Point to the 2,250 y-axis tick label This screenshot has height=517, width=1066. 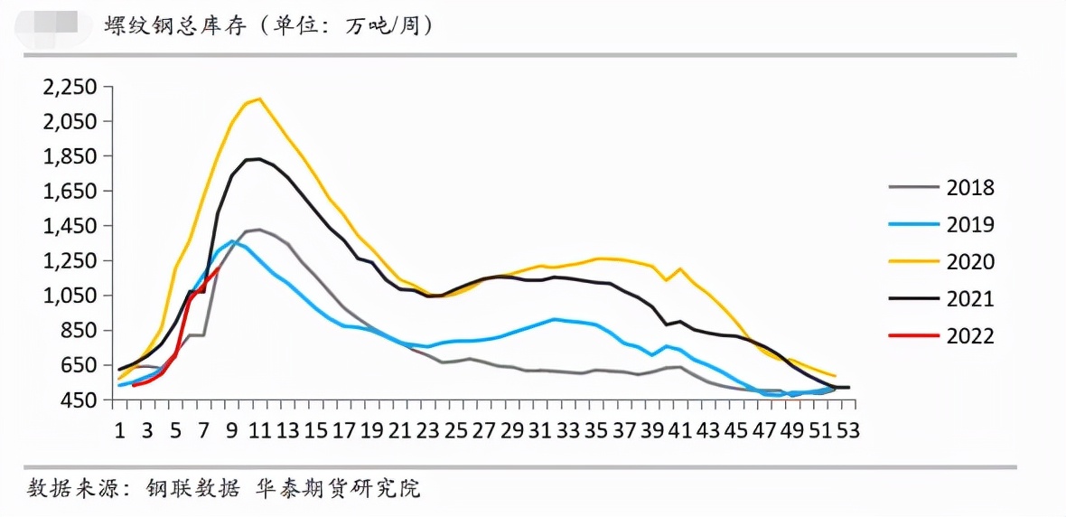tap(70, 87)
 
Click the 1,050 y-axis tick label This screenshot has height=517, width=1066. tap(70, 296)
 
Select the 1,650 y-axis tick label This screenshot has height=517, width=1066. tap(70, 192)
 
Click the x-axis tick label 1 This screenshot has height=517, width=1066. tap(119, 430)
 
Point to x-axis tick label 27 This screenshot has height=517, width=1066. tap(484, 430)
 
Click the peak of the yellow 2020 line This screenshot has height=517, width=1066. tap(259, 99)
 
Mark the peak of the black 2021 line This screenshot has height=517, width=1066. tap(259, 159)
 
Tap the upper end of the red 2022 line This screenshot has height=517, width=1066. tap(219, 268)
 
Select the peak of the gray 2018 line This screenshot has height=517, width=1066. tap(259, 230)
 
